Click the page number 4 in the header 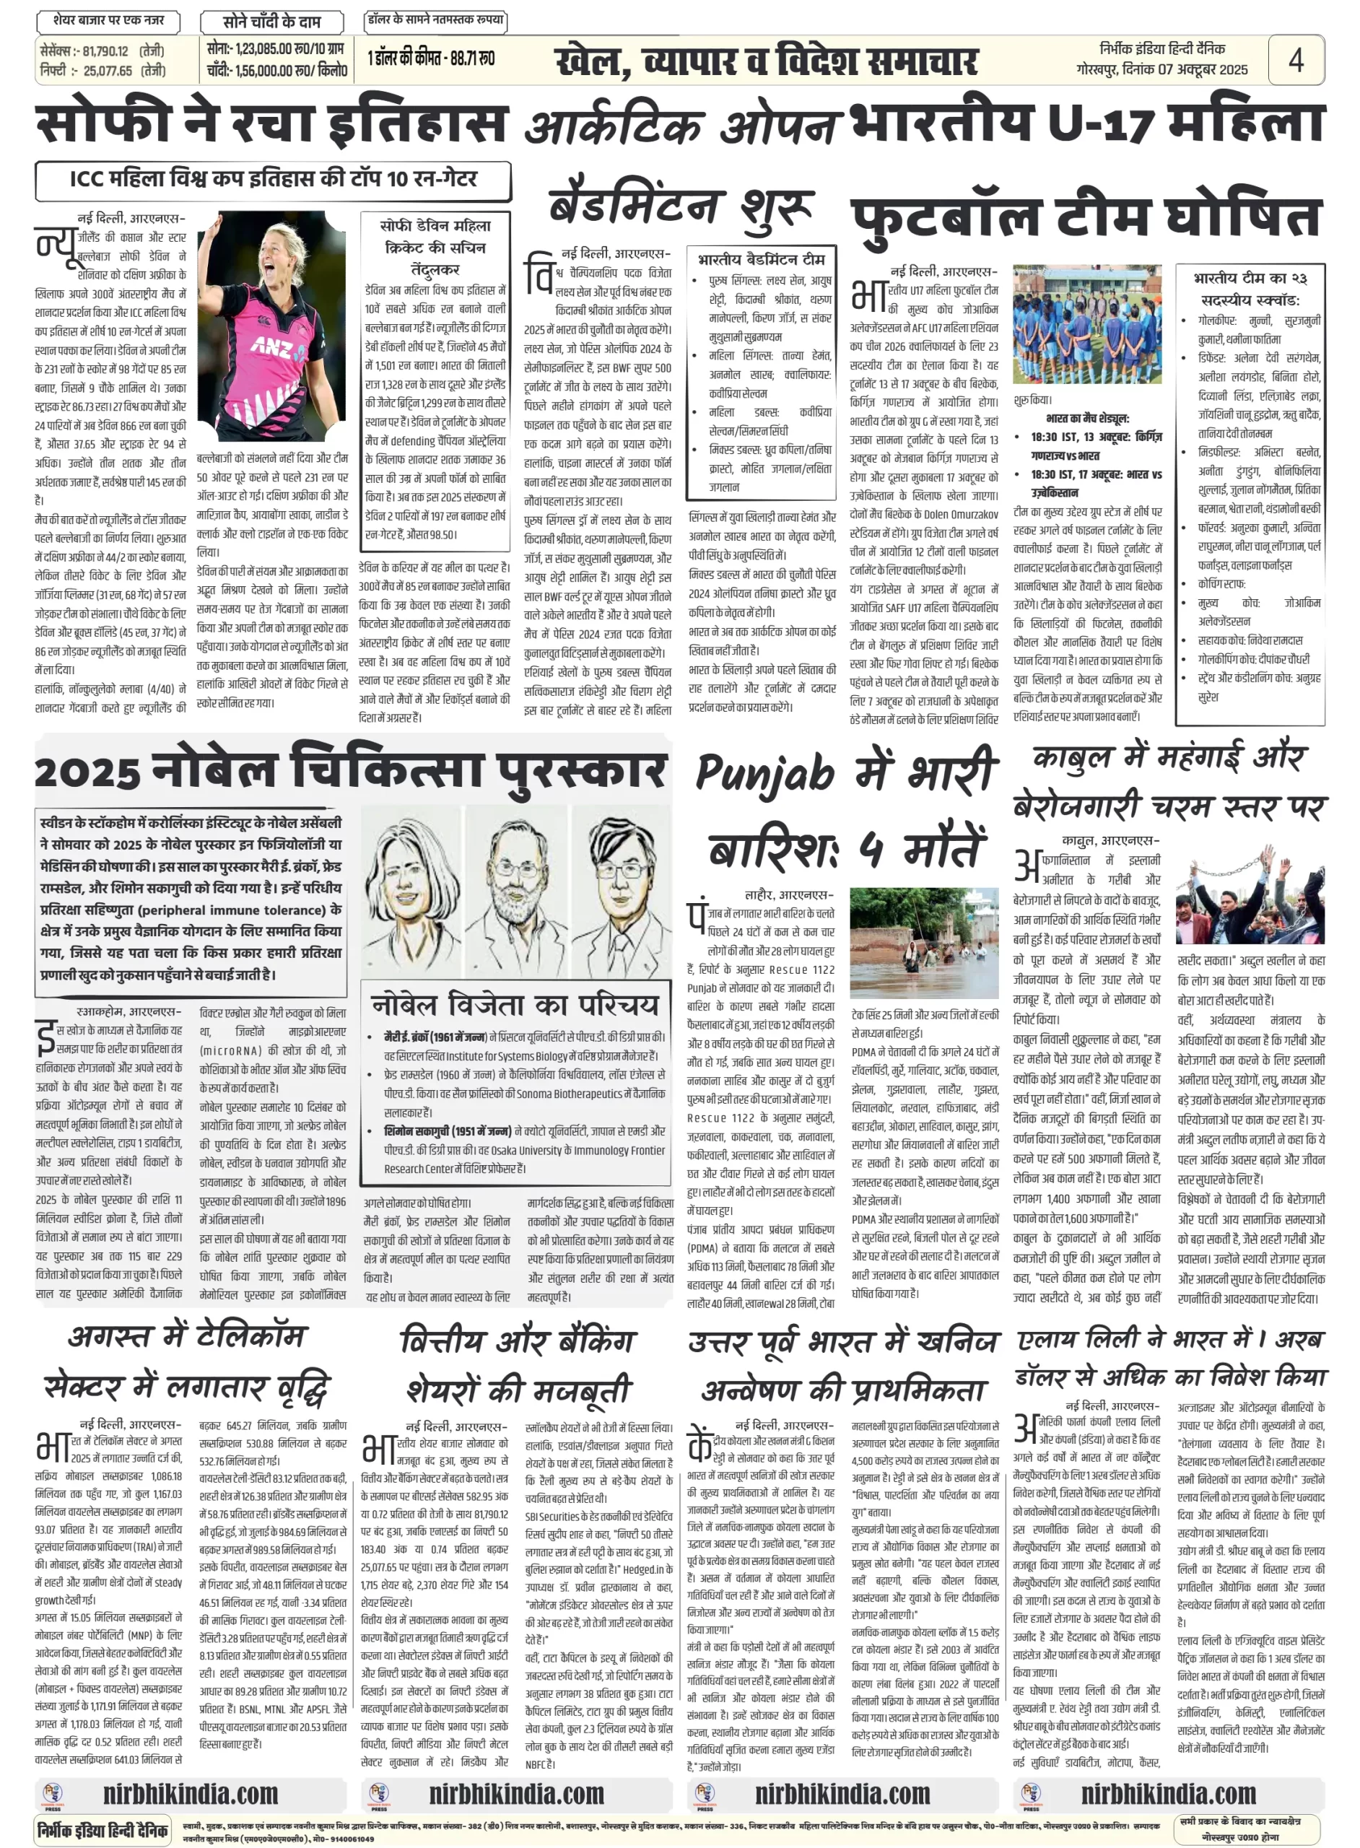1296,60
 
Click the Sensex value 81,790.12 105,51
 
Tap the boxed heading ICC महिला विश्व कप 272,180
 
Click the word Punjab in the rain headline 767,774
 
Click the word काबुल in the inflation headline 1073,757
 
